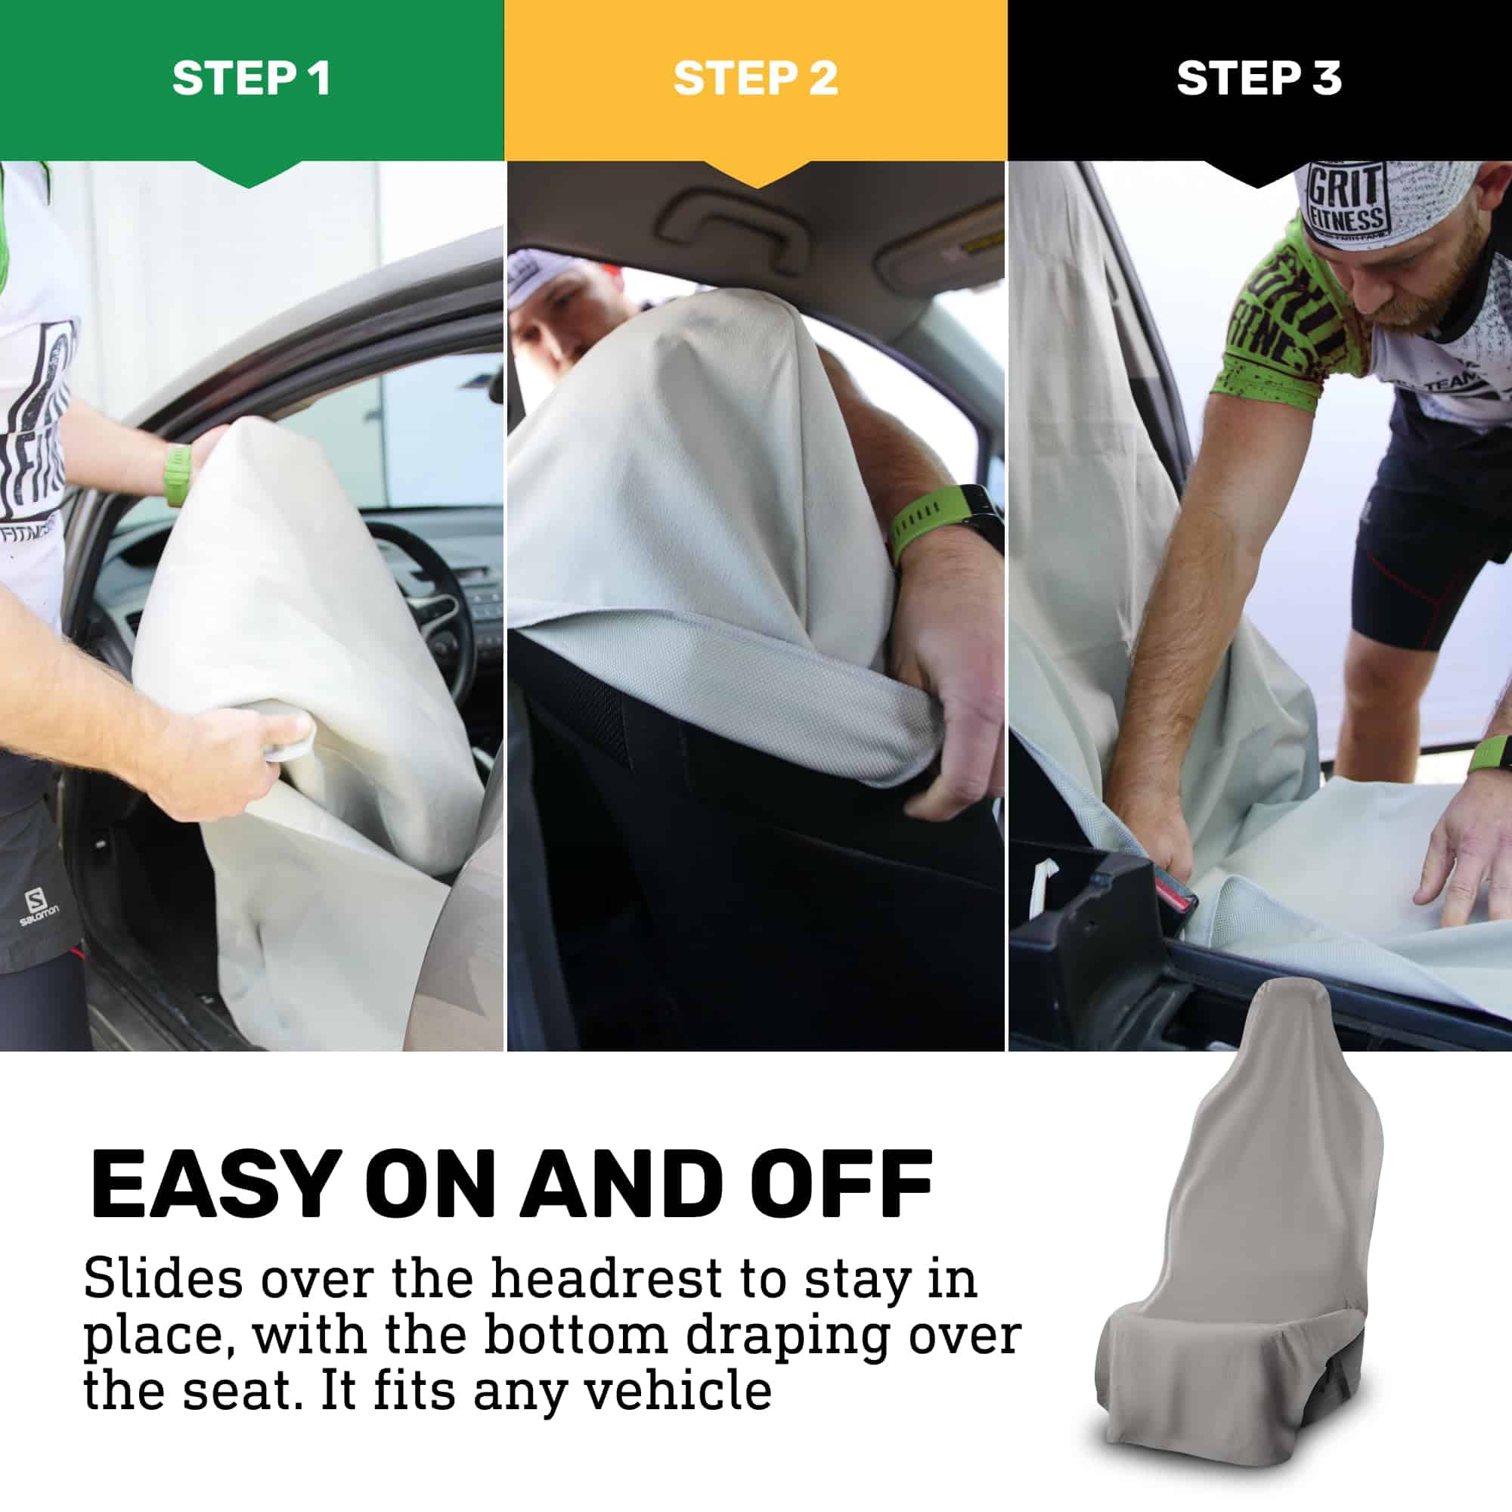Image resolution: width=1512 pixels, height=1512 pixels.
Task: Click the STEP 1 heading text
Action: (x=251, y=79)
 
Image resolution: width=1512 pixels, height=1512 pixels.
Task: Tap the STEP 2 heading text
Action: (x=755, y=79)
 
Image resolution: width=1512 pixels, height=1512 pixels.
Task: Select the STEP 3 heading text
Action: (x=1259, y=79)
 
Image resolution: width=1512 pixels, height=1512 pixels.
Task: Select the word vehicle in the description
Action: (x=679, y=1391)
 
